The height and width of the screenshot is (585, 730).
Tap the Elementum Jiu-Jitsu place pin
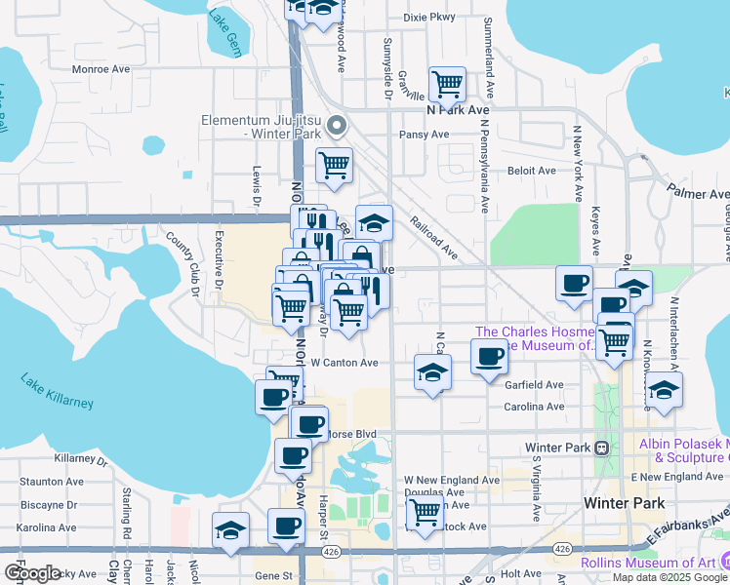click(x=337, y=125)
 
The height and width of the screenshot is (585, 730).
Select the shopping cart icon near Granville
click(x=447, y=85)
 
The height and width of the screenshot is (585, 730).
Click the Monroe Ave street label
click(x=101, y=69)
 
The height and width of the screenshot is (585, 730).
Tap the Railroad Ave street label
click(x=434, y=238)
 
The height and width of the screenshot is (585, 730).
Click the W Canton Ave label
click(x=345, y=363)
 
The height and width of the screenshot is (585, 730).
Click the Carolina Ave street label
click(x=534, y=407)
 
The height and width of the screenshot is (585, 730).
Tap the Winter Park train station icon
click(x=602, y=448)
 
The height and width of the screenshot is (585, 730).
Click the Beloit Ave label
click(x=531, y=171)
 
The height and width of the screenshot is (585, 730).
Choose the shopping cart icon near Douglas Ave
click(x=425, y=511)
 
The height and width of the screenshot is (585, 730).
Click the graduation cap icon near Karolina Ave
click(x=230, y=530)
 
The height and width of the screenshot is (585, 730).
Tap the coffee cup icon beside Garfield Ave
click(x=489, y=355)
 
